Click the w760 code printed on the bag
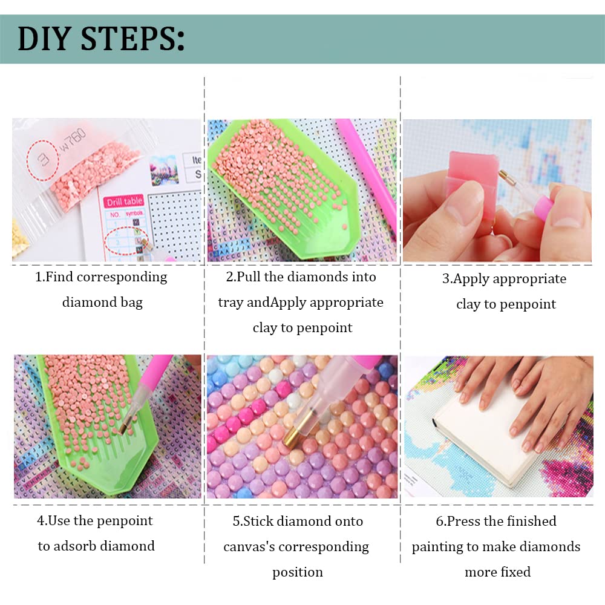pyautogui.click(x=76, y=135)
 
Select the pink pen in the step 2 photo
pyautogui.click(x=369, y=163)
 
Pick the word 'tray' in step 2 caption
pyautogui.click(x=231, y=302)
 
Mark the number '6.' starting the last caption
pyautogui.click(x=441, y=522)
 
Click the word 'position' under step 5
pyautogui.click(x=297, y=572)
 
